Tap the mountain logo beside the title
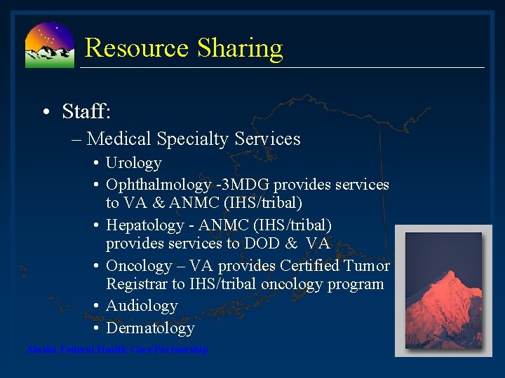[49, 45]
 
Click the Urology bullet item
[133, 163]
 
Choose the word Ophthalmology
[158, 185]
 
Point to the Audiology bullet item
[141, 306]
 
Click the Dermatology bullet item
[149, 328]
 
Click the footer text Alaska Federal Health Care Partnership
[116, 349]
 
